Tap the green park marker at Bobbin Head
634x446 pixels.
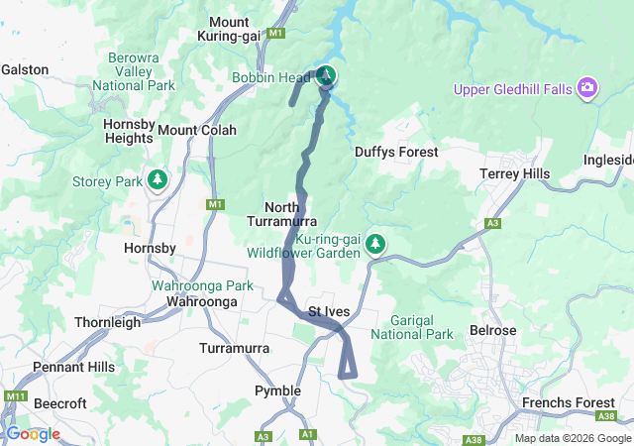326,75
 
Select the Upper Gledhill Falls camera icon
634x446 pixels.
588,89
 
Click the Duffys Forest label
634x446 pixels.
396,152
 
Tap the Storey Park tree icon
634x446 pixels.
157,179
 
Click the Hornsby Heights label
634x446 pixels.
128,131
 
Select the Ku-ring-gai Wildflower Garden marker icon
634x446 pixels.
374,243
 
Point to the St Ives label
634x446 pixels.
328,311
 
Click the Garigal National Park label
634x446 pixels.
412,328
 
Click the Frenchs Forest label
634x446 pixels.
571,403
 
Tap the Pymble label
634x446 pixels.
277,390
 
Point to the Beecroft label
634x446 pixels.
60,403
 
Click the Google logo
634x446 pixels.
33,434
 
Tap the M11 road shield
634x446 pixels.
15,396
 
